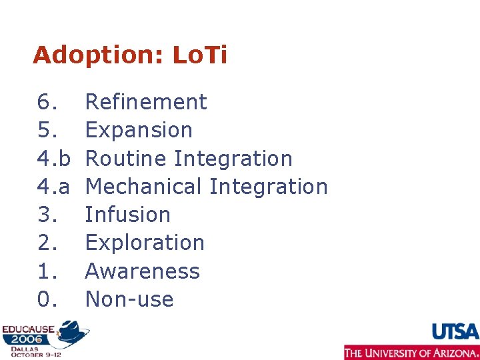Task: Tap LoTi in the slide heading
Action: click(x=199, y=55)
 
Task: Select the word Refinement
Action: click(x=146, y=102)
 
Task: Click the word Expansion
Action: click(x=139, y=130)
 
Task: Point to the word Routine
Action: click(x=127, y=159)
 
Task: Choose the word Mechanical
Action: click(x=144, y=187)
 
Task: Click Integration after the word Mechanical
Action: click(x=269, y=187)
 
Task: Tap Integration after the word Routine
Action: click(x=233, y=159)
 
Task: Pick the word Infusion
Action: click(x=128, y=215)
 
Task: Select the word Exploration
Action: click(x=145, y=243)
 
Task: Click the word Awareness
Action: click(x=143, y=271)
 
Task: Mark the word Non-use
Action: click(x=129, y=299)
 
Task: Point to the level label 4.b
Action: click(x=53, y=159)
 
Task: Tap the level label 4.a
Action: click(x=53, y=187)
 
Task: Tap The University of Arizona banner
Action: click(x=411, y=353)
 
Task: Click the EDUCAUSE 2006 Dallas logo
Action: click(x=44, y=339)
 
